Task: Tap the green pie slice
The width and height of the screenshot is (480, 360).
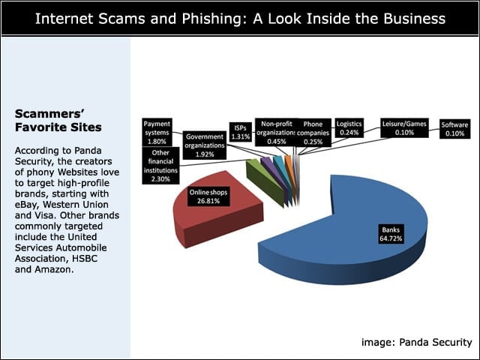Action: point(264,181)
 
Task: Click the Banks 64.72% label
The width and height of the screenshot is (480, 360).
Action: point(391,234)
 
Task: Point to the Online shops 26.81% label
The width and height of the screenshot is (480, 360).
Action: point(208,196)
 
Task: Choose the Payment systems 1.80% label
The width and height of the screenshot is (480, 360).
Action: point(157,133)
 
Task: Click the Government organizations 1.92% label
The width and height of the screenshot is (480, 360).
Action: point(205,145)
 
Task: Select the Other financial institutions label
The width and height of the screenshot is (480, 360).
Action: point(160,166)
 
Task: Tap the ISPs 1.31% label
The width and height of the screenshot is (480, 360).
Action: point(240,132)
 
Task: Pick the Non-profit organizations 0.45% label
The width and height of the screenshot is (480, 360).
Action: point(276,133)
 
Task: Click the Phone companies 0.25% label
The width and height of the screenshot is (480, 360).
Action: point(313,133)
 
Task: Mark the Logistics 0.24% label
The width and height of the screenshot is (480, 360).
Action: point(349,128)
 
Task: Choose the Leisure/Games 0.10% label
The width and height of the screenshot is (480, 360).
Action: point(404,128)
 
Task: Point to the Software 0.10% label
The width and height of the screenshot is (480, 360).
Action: point(454,129)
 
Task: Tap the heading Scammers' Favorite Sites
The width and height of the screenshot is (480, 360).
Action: point(58,120)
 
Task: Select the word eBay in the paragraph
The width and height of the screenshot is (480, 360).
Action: point(27,205)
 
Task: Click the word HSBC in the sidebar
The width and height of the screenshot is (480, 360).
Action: point(85,258)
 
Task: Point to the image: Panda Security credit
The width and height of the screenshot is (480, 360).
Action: point(417,342)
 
